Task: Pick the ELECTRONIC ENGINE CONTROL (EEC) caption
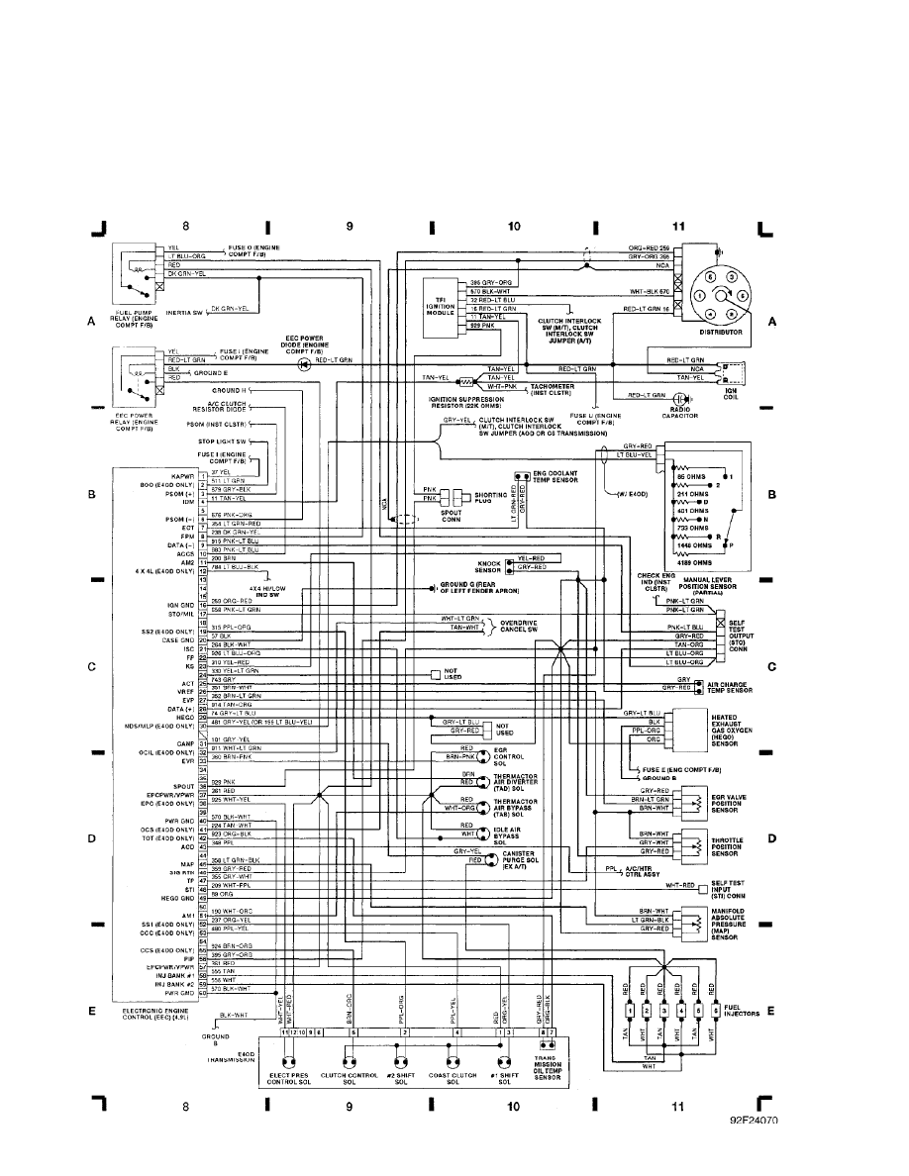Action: click(x=157, y=1013)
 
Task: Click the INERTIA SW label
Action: click(x=184, y=310)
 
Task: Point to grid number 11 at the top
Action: click(x=677, y=227)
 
